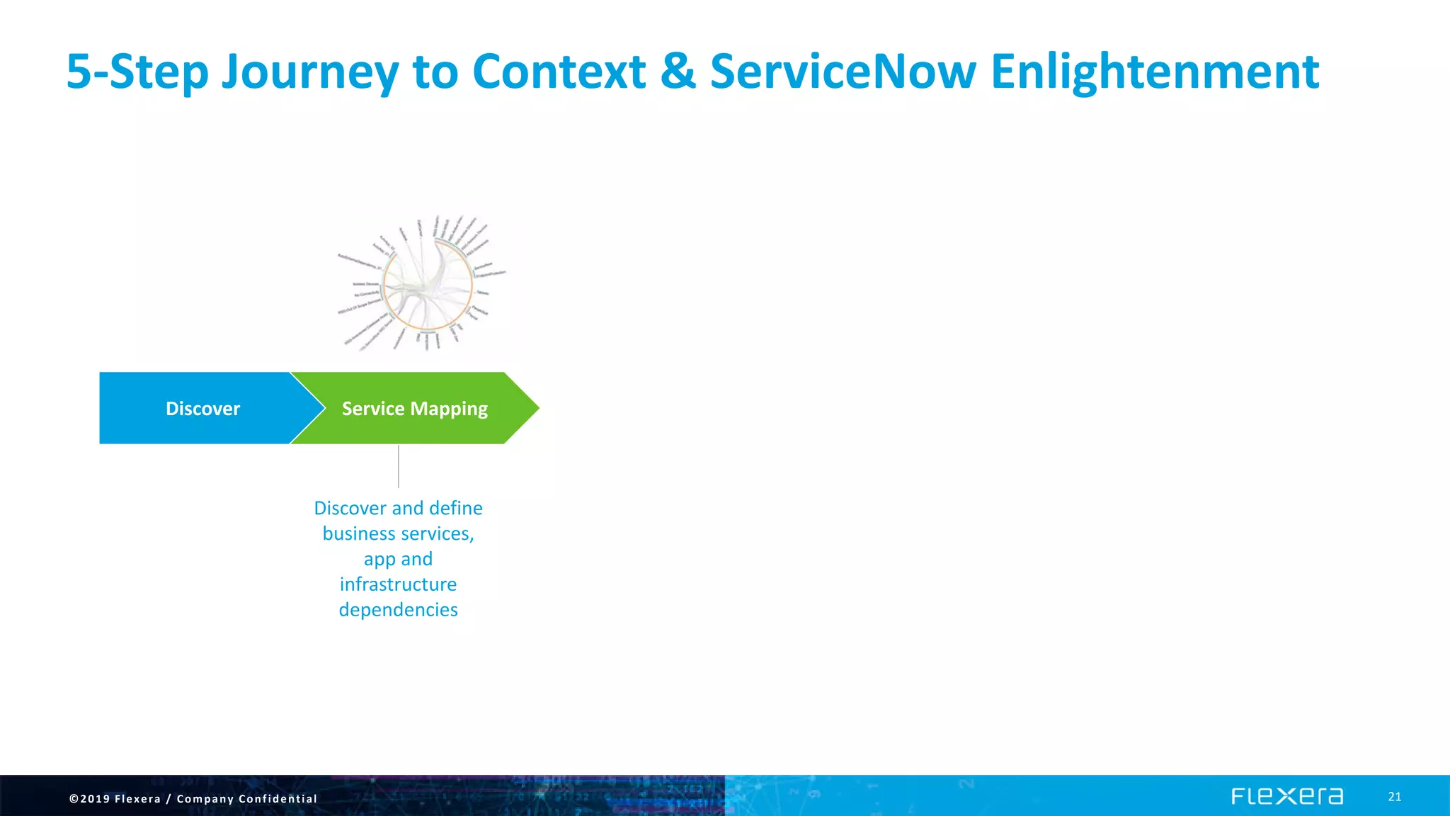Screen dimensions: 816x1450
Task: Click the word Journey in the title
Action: point(310,72)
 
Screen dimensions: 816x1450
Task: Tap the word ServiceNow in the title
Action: point(843,72)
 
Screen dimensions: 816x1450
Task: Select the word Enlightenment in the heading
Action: point(1154,72)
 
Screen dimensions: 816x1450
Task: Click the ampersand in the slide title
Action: point(678,72)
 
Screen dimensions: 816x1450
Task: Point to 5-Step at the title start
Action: point(137,72)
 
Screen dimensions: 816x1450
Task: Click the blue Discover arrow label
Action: point(202,409)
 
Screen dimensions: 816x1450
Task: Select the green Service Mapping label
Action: point(415,409)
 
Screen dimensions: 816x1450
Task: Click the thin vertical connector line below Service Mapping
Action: point(399,466)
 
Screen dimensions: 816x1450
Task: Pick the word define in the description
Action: point(455,508)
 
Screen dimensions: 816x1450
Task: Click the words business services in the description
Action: point(398,533)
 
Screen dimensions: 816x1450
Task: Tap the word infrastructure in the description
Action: point(398,584)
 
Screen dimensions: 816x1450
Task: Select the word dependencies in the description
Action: point(398,610)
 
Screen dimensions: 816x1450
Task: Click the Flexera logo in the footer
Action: point(1286,797)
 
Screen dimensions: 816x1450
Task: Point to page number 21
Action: point(1394,797)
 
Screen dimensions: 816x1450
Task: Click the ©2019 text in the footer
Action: point(89,799)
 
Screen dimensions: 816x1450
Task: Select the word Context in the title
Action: point(559,72)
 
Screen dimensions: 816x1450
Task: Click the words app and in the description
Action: point(398,559)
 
